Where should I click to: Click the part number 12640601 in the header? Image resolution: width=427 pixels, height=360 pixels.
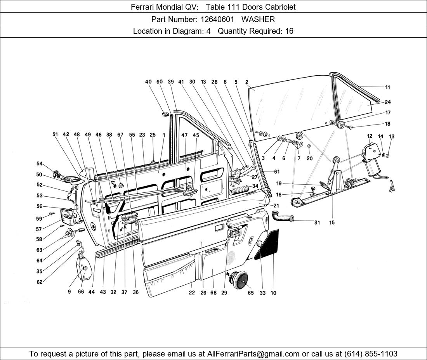pos(217,19)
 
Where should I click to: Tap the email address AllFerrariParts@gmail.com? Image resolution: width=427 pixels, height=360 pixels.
pos(253,354)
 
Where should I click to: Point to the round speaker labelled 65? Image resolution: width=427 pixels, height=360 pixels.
pos(239,279)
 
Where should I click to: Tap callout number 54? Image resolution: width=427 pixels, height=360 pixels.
pos(40,164)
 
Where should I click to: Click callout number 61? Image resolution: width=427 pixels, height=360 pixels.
pos(277,171)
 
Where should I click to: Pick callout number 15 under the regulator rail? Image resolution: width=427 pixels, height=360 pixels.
pos(332,223)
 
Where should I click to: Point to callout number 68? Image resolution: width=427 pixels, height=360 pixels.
pos(213,293)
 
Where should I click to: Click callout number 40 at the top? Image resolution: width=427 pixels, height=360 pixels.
pos(148,82)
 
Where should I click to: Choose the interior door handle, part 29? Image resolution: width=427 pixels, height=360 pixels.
pos(235,234)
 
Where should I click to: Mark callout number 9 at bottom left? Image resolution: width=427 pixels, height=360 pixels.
pos(69,292)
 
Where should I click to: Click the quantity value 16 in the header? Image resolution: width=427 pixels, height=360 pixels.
pos(289,31)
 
